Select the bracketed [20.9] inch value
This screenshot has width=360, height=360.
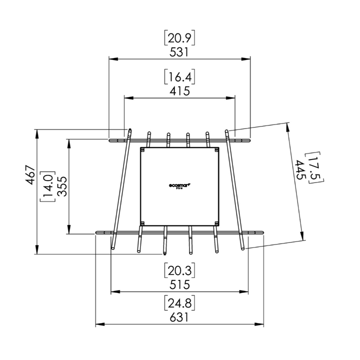coord(179,37)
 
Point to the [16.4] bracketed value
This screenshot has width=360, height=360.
coord(179,77)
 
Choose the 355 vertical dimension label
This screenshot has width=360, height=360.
coord(61,187)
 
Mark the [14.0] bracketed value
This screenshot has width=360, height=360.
coord(48,187)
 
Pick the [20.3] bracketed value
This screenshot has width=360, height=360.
coord(179,270)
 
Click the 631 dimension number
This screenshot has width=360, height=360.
coord(179,316)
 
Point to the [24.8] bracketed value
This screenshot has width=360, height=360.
coord(179,303)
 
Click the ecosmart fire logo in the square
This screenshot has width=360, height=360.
coord(179,185)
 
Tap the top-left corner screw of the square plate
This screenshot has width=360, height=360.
coord(143,149)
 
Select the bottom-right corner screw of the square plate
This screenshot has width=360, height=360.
coord(216,222)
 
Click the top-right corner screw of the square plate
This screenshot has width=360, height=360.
coord(216,149)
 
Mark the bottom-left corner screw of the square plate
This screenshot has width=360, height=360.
coord(143,222)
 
